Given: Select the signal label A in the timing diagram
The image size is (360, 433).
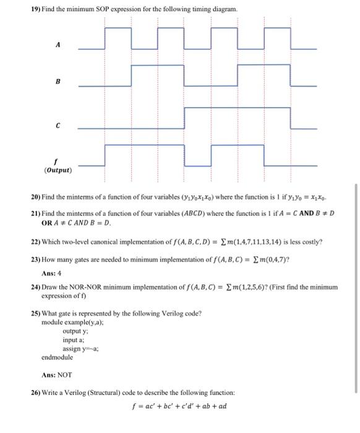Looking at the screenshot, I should tap(59, 45).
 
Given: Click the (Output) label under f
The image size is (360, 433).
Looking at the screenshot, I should tap(58, 169).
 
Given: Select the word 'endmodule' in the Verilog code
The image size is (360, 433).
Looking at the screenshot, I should tap(57, 358).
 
